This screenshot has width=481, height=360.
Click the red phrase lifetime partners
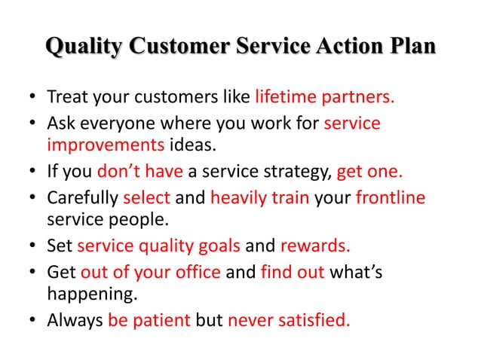[x=325, y=98]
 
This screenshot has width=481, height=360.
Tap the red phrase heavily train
[x=252, y=197]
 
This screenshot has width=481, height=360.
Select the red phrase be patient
[x=149, y=321]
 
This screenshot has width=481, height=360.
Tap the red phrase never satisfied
[x=289, y=321]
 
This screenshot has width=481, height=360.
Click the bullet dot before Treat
[x=32, y=99]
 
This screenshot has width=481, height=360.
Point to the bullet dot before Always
[x=32, y=322]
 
